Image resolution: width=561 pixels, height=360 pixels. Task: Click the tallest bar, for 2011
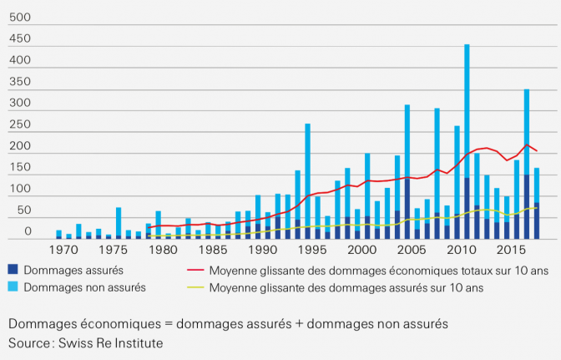(467, 142)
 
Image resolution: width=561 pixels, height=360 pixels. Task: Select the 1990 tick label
(263, 250)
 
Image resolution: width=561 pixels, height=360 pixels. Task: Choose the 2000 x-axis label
(362, 250)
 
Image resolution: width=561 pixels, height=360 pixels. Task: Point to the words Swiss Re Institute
(123, 343)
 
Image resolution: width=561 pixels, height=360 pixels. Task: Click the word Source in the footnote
(31, 343)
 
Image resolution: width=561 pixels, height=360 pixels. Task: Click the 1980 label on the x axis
(164, 250)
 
